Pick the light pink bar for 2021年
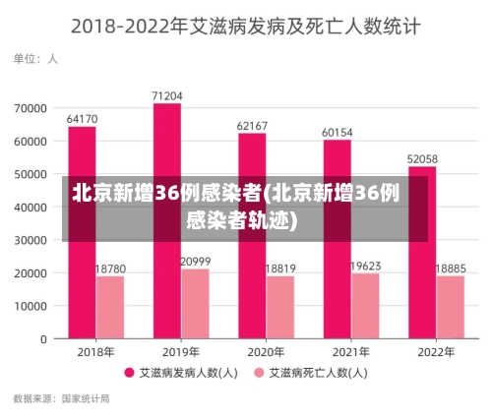(365, 306)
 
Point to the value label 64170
(82, 119)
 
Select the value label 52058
(422, 158)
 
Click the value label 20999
(195, 261)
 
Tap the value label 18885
(451, 268)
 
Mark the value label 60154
(338, 132)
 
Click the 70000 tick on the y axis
(31, 107)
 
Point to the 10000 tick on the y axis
(31, 306)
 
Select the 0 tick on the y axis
(43, 339)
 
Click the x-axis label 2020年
(266, 352)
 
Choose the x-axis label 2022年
(436, 352)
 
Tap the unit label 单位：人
(35, 59)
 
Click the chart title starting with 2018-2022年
(246, 26)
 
